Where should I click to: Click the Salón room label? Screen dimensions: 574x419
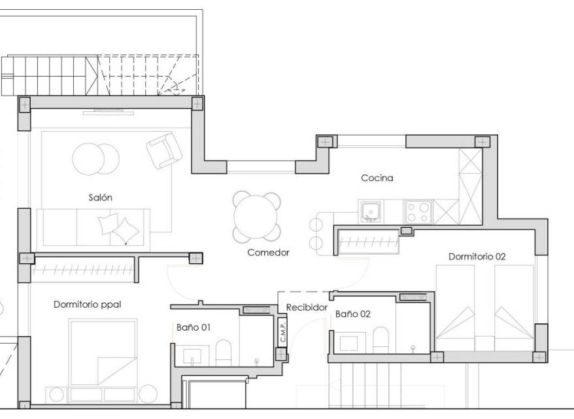(100, 198)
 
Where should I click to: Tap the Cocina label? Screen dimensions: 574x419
(377, 178)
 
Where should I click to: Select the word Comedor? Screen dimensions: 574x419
(268, 252)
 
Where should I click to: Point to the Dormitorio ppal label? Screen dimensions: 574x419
(87, 304)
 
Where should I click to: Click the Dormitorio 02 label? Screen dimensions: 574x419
(477, 257)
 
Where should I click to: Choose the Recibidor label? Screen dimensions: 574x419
(307, 307)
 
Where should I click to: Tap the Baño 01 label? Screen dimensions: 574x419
(194, 327)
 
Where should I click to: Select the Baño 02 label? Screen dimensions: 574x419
(353, 314)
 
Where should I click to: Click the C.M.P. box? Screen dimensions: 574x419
(282, 332)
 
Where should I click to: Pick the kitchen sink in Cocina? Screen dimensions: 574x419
(371, 211)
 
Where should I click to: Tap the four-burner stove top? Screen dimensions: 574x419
(418, 212)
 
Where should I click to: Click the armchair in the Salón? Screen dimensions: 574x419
(164, 151)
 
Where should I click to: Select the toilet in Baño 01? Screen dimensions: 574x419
(224, 353)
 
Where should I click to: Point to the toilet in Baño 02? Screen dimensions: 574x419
(380, 340)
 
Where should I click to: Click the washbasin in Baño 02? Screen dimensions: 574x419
(348, 343)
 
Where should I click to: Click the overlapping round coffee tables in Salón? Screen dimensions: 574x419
(95, 159)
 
